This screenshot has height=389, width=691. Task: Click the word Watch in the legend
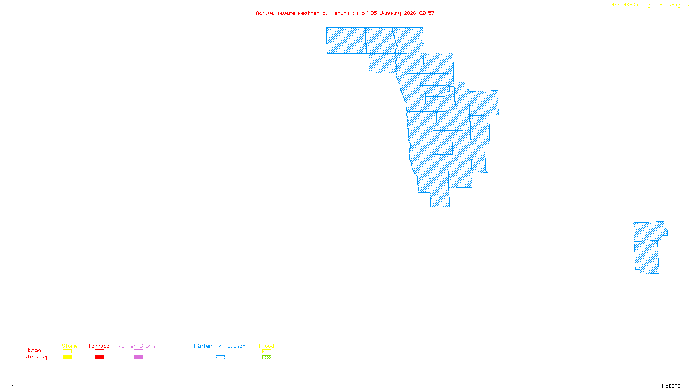[x=33, y=350]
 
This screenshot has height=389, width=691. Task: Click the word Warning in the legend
[x=36, y=357]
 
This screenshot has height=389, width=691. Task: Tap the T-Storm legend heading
[x=67, y=346]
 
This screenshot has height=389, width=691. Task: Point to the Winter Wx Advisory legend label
[x=221, y=346]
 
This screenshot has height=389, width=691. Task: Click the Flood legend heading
[x=266, y=346]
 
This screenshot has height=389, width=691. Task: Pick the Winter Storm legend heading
[x=136, y=346]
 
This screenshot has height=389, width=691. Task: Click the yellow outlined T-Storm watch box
[x=67, y=351]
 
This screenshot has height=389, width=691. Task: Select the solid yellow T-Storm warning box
[x=67, y=357]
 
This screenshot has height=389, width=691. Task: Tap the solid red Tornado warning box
[x=99, y=357]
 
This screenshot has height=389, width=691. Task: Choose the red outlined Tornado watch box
[x=99, y=351]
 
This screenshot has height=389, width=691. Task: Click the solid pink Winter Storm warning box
[x=138, y=357]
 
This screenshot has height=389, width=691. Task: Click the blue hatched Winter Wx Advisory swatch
[x=220, y=357]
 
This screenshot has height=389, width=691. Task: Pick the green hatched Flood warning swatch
[x=266, y=357]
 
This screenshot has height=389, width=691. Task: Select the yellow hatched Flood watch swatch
[x=266, y=351]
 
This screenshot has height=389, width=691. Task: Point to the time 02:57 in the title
[x=427, y=13]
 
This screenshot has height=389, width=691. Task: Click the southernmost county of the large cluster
[x=440, y=198]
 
